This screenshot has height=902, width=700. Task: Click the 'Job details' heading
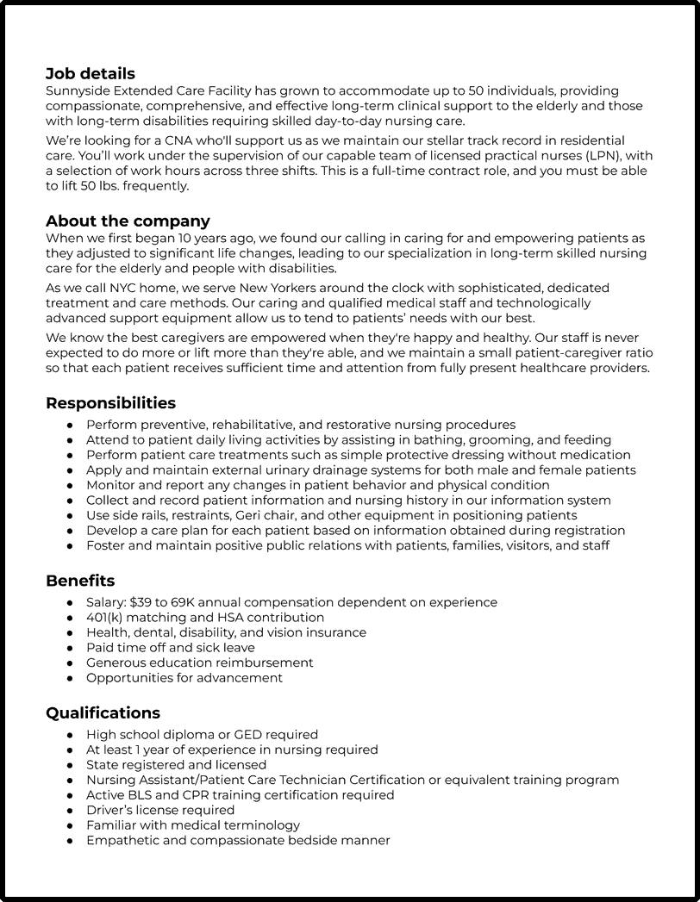click(90, 74)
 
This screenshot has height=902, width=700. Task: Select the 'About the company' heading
click(128, 221)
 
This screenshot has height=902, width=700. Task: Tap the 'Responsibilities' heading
click(110, 403)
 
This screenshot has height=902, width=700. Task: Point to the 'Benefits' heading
click(80, 582)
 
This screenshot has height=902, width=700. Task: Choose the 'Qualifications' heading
click(103, 713)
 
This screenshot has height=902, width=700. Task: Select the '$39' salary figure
click(140, 602)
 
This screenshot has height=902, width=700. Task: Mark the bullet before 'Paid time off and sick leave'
click(70, 648)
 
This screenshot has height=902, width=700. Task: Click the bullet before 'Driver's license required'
click(70, 811)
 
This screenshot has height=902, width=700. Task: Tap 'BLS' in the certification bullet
click(144, 795)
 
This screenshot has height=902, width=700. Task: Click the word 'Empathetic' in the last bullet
click(122, 840)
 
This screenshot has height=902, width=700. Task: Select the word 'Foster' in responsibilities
click(106, 545)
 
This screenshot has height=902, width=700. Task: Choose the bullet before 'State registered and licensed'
click(70, 765)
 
